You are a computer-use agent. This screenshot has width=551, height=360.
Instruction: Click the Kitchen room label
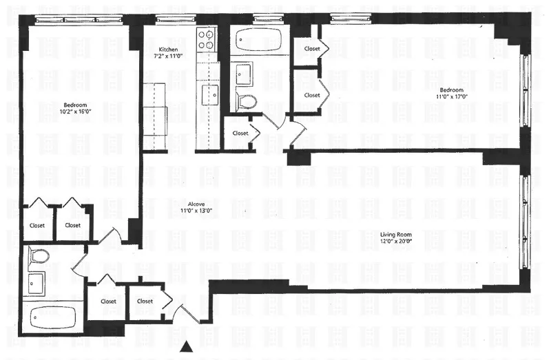click(x=169, y=50)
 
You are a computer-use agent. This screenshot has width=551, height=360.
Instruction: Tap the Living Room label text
click(x=395, y=235)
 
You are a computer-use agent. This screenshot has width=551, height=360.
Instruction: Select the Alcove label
click(x=196, y=204)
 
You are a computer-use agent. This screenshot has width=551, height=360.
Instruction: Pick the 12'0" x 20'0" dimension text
click(x=395, y=243)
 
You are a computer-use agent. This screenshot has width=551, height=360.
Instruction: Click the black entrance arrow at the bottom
click(x=185, y=349)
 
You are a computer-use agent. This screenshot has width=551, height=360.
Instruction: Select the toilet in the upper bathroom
click(x=245, y=102)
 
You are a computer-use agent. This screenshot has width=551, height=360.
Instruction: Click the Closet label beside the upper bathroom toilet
click(x=240, y=134)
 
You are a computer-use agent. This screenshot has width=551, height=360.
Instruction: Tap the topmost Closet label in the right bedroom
click(x=311, y=49)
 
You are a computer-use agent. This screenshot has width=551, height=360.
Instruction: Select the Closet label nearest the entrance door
click(x=145, y=301)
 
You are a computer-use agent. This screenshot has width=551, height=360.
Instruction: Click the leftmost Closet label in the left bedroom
click(x=37, y=225)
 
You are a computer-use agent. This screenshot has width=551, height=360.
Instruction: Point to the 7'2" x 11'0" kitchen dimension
click(x=169, y=57)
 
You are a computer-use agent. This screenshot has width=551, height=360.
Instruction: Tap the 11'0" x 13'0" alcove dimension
click(x=196, y=211)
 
